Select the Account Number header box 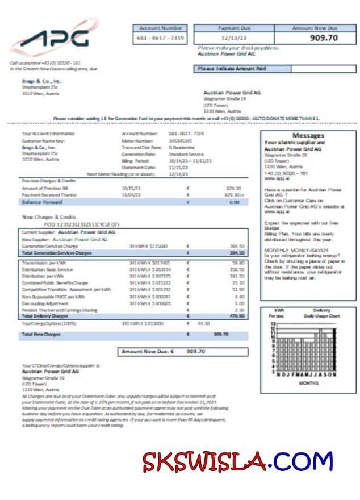(x=160, y=28)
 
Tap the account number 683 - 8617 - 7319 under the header (x=160, y=37)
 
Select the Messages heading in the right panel (x=308, y=136)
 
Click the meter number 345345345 (x=180, y=140)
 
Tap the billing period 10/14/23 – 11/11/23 (x=190, y=161)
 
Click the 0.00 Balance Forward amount (x=234, y=202)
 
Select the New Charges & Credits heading (x=49, y=217)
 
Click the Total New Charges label (x=41, y=334)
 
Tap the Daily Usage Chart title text (x=321, y=315)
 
